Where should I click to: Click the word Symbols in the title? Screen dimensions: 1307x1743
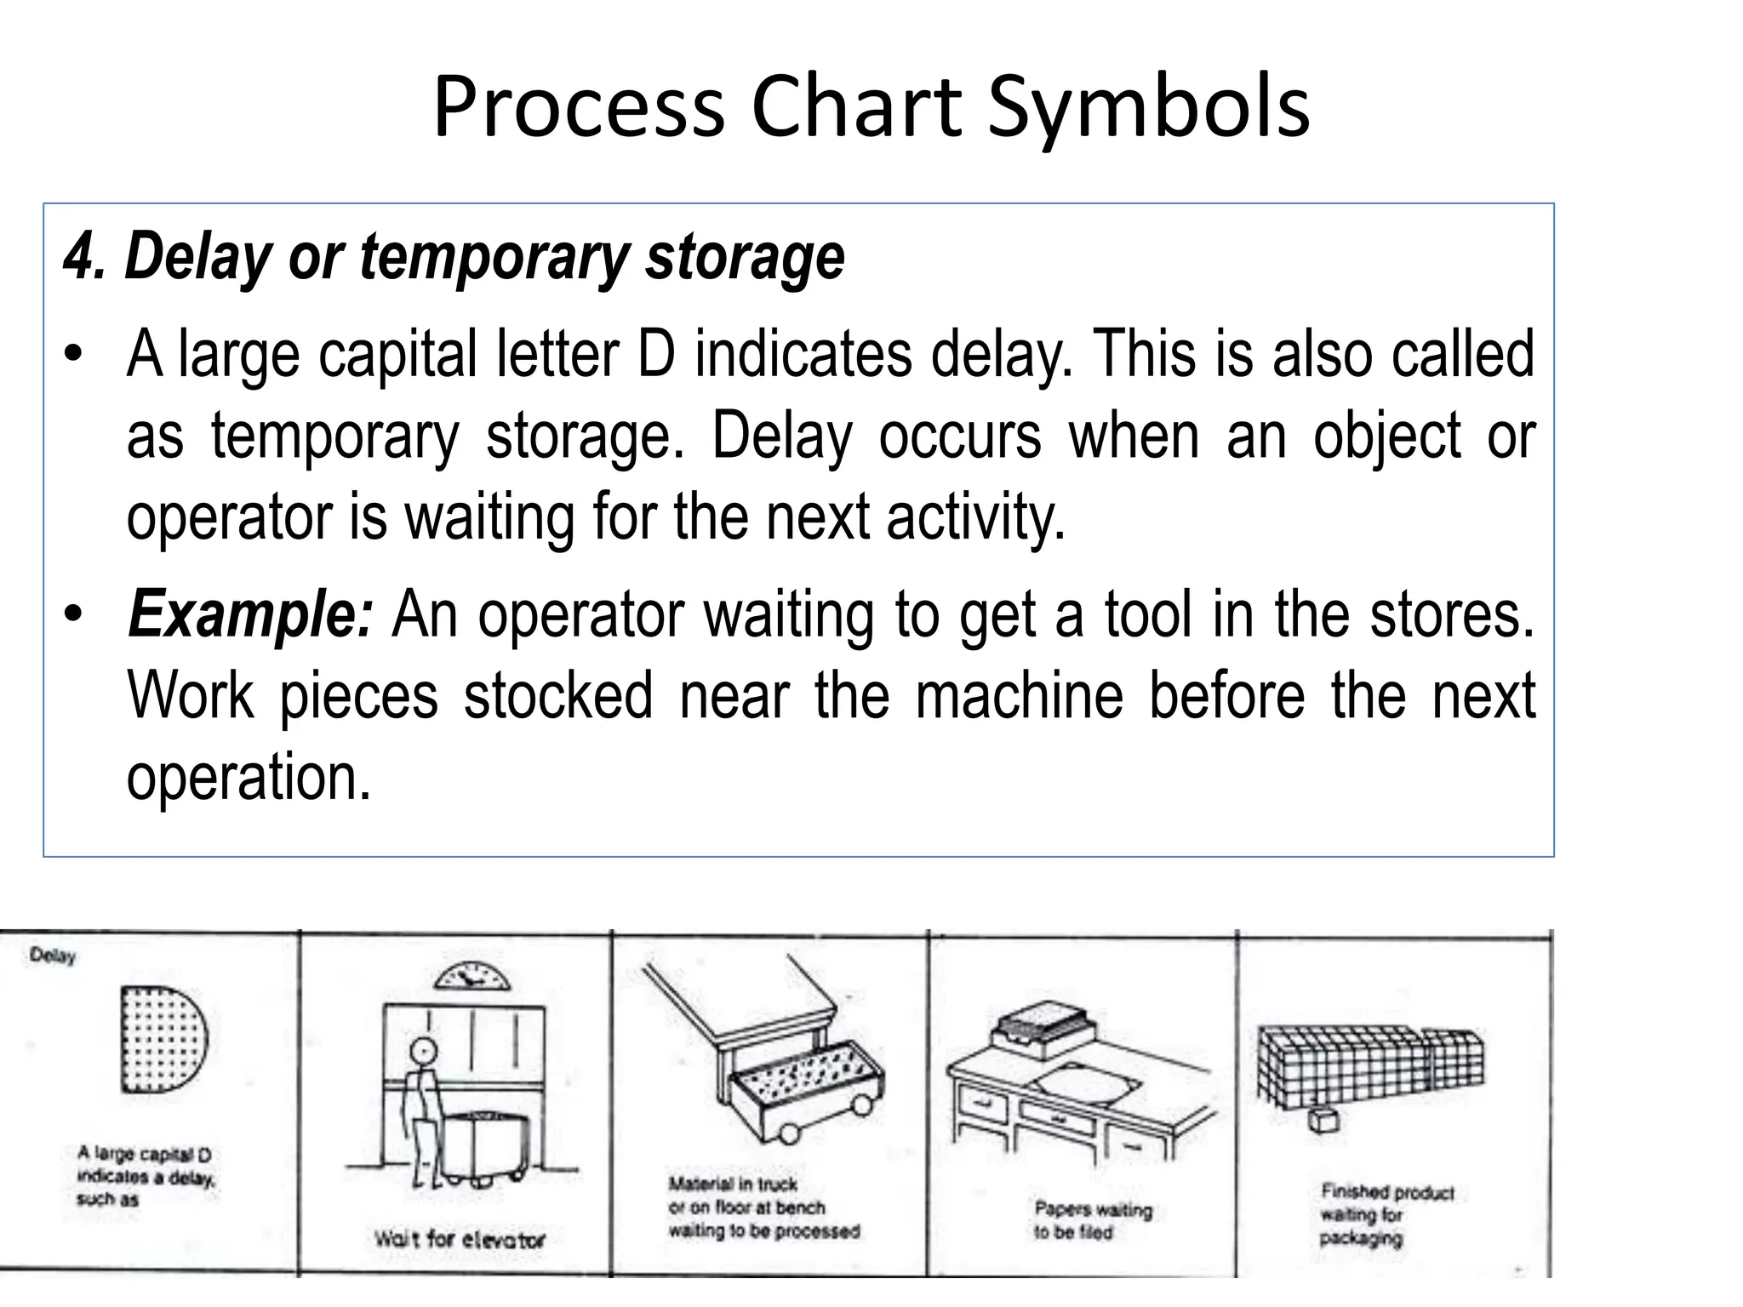[x=1147, y=108]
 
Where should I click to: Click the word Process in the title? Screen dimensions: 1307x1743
[x=579, y=108]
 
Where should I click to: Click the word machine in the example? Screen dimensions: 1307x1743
[x=1020, y=696]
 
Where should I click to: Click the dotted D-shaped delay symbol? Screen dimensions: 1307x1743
[x=162, y=1039]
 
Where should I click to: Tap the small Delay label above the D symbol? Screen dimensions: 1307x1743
[x=53, y=956]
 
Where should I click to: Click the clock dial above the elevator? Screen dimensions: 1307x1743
[x=471, y=978]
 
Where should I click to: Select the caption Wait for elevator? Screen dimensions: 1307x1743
[x=460, y=1239]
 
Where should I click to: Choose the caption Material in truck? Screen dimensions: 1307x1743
[x=763, y=1207]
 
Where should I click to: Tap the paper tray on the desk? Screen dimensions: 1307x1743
[x=1042, y=1030]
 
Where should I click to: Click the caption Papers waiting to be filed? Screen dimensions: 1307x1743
[x=1092, y=1220]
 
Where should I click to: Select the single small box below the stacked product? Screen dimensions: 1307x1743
[x=1324, y=1120]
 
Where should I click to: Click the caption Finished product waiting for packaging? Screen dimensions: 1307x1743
[x=1386, y=1215]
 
